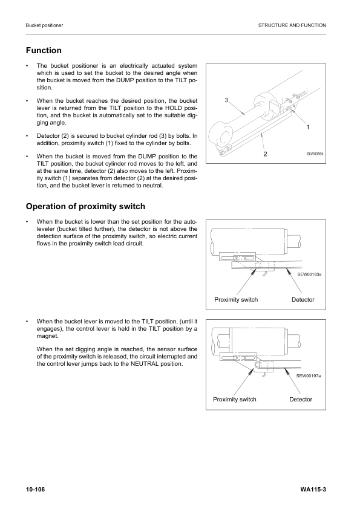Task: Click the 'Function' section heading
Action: [x=44, y=51]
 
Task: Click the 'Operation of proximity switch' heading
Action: [x=85, y=206]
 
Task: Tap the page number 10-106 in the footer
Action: [x=37, y=488]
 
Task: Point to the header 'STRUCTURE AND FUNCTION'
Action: [x=292, y=25]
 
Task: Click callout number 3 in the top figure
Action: [x=226, y=99]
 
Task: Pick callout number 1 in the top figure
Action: [x=308, y=128]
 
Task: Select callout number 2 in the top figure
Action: [x=265, y=154]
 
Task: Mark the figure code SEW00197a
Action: [x=309, y=375]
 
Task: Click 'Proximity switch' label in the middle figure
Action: [x=236, y=300]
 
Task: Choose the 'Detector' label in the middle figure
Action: [x=302, y=300]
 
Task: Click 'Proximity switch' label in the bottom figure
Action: [x=235, y=400]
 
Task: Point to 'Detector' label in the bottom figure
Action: [x=301, y=400]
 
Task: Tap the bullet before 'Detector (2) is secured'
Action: [x=27, y=136]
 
